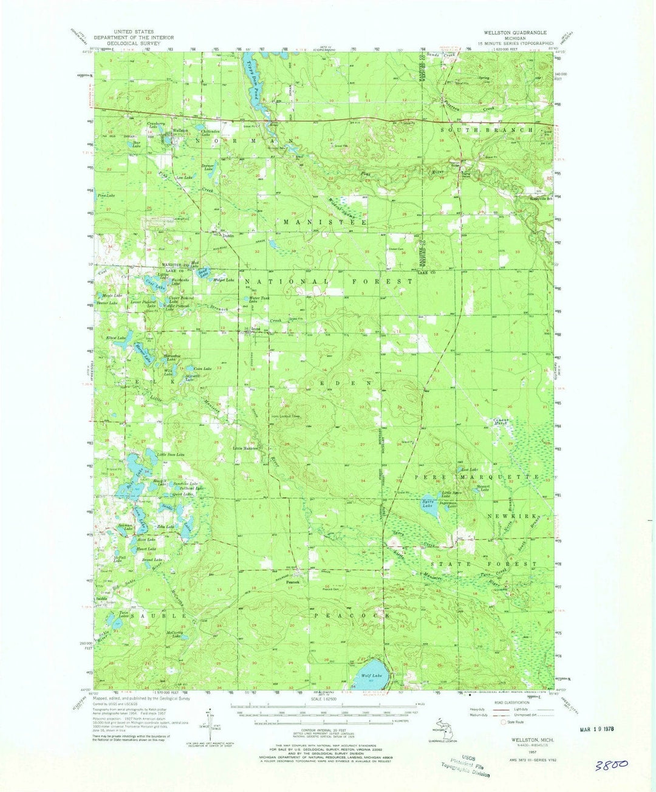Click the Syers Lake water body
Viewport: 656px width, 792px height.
pos(429,509)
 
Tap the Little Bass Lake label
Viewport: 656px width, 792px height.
pos(171,454)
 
